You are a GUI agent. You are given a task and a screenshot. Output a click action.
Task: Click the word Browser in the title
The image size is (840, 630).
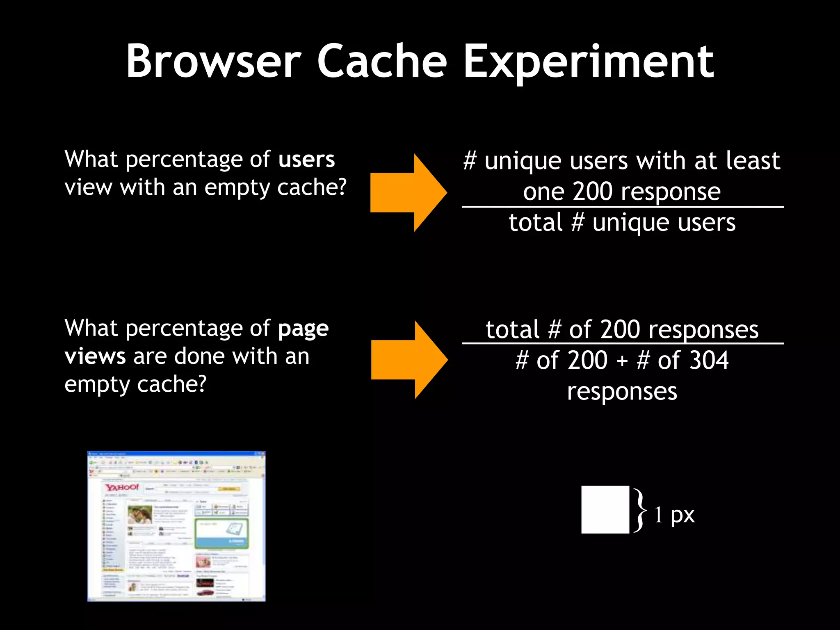pyautogui.click(x=213, y=62)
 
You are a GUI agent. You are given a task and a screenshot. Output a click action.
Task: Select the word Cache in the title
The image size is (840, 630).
pyautogui.click(x=382, y=62)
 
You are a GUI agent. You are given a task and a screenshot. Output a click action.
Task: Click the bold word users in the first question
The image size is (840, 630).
pyautogui.click(x=306, y=160)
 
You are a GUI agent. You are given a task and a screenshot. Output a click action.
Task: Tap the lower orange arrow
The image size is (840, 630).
pyautogui.click(x=408, y=360)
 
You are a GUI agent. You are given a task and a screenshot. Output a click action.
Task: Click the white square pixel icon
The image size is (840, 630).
pyautogui.click(x=605, y=509)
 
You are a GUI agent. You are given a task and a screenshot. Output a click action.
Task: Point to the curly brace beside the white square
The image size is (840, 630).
pyautogui.click(x=640, y=510)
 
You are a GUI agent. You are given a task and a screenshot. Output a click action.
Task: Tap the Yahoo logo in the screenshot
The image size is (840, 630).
pyautogui.click(x=122, y=487)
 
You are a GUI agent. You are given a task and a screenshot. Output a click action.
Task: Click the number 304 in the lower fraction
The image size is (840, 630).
pyautogui.click(x=709, y=361)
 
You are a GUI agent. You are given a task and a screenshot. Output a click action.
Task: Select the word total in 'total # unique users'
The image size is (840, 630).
pyautogui.click(x=536, y=223)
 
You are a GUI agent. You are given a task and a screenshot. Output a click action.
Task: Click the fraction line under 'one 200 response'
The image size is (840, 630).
pyautogui.click(x=623, y=207)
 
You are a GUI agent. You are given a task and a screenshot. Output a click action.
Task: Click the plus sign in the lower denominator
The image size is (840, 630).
pyautogui.click(x=622, y=361)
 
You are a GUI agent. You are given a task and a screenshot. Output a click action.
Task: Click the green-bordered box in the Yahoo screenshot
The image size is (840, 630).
pyautogui.click(x=221, y=533)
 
